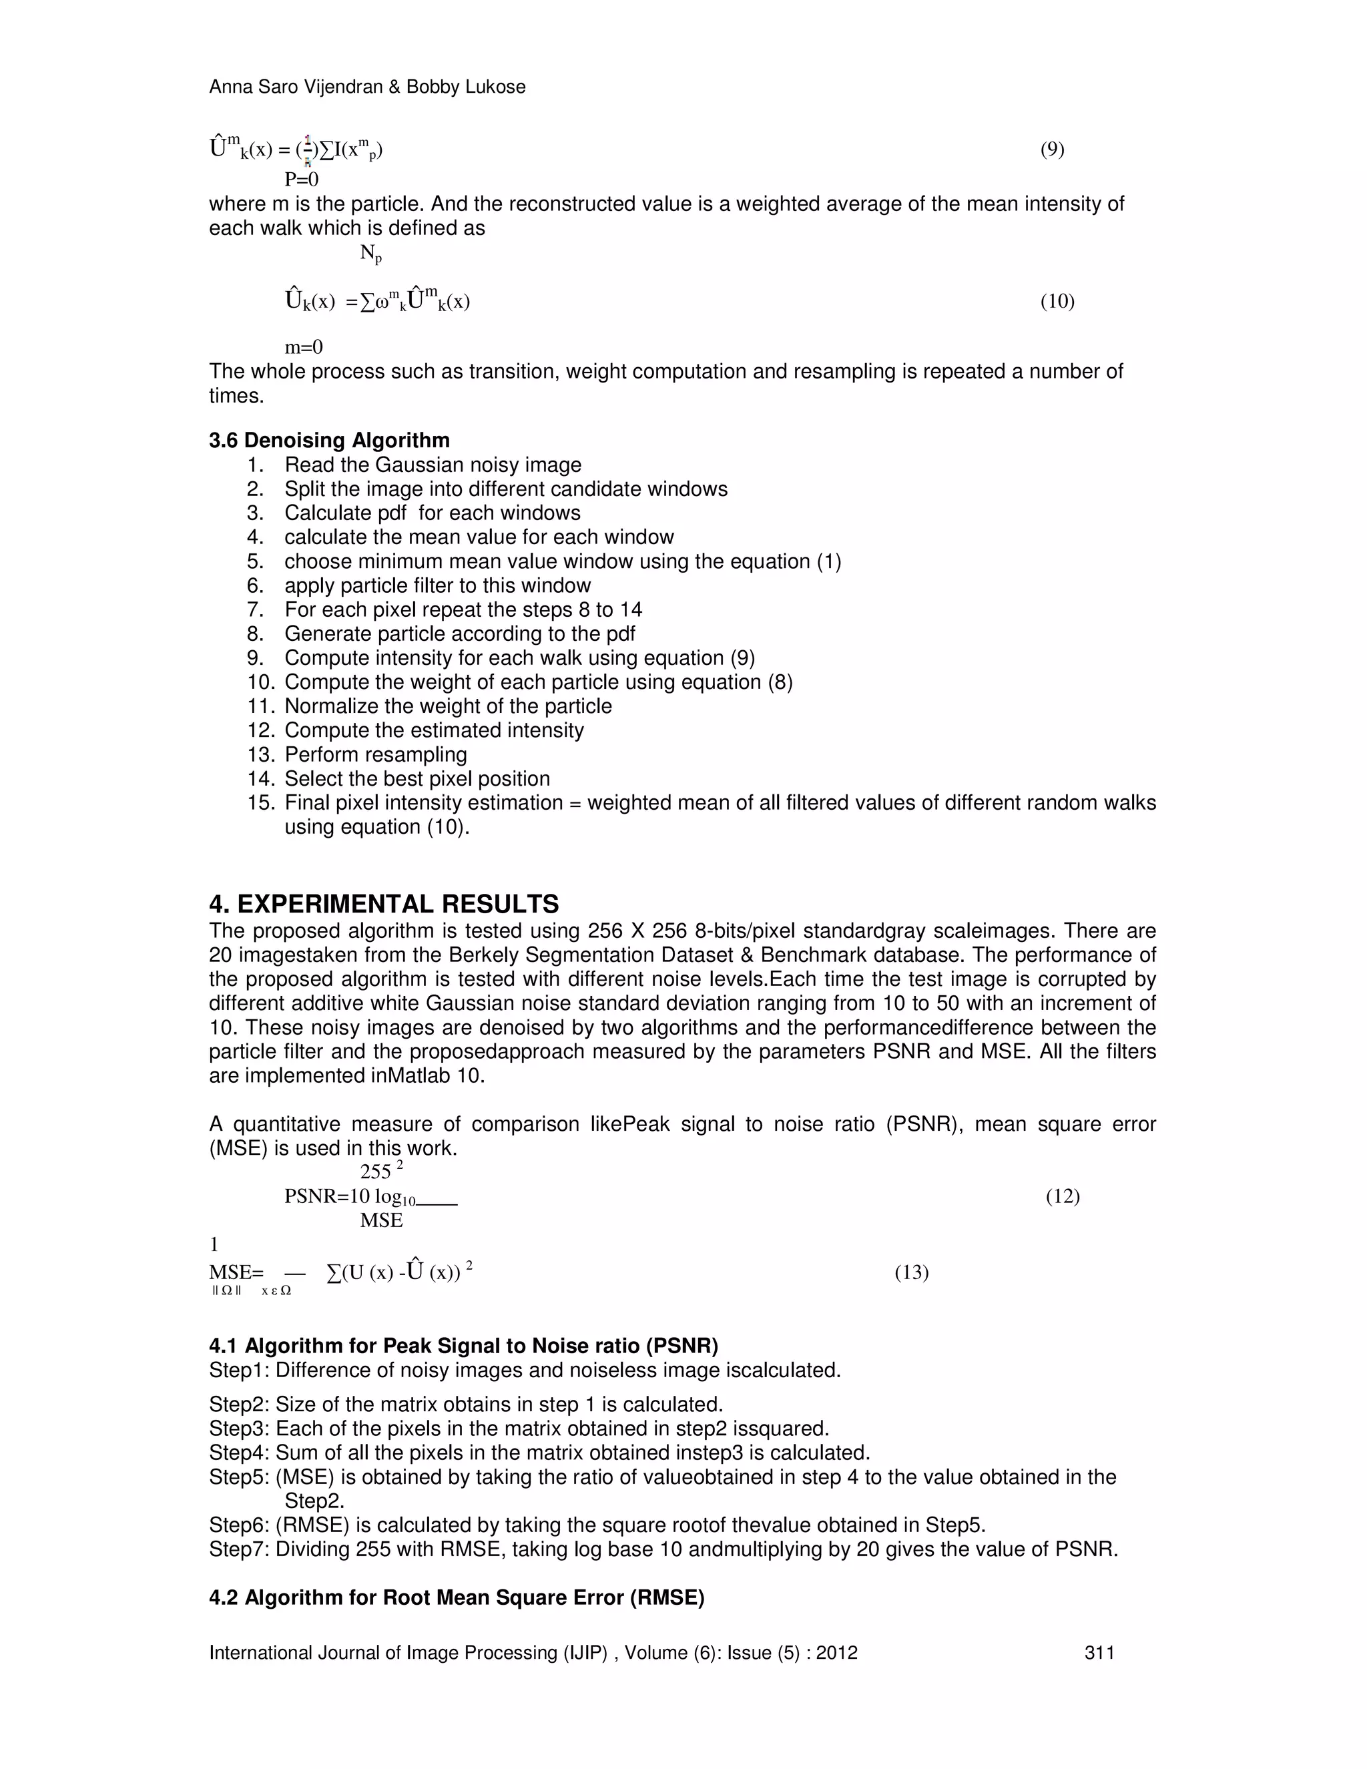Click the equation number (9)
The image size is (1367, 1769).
click(x=1052, y=149)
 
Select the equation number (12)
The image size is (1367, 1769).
click(x=1063, y=1196)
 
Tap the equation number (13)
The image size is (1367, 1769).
click(x=911, y=1272)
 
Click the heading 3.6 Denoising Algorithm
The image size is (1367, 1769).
click(x=329, y=441)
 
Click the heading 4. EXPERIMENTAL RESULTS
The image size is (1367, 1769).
click(x=384, y=904)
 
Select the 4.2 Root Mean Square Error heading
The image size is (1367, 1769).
click(x=457, y=1597)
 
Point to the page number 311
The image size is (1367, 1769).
click(x=1099, y=1652)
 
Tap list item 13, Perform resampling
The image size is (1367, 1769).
click(x=376, y=754)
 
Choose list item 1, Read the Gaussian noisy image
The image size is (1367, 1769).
click(x=433, y=465)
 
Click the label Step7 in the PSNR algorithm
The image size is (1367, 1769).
click(x=239, y=1549)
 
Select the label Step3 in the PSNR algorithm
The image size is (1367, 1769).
click(x=239, y=1428)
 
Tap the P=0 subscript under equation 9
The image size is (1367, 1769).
click(x=301, y=179)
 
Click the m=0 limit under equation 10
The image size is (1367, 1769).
click(x=304, y=348)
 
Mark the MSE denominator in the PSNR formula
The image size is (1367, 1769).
click(x=381, y=1221)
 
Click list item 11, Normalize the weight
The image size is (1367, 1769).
click(x=448, y=706)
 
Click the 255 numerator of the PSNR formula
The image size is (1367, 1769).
click(x=376, y=1172)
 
